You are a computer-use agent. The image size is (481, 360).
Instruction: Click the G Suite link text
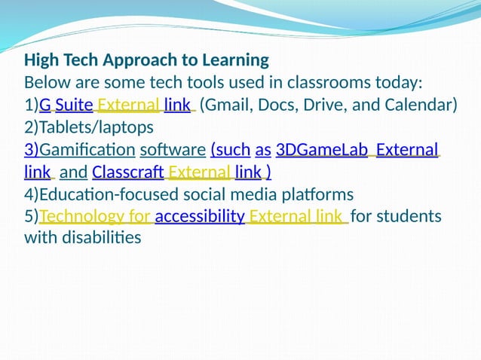point(66,105)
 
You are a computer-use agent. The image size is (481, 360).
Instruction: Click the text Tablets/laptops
point(89,127)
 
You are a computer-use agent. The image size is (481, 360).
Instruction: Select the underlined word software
point(173,150)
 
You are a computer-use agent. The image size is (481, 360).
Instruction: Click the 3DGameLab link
point(322,150)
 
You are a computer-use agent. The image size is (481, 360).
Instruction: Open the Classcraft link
point(128,172)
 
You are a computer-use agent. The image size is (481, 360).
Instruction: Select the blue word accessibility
point(200,217)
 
